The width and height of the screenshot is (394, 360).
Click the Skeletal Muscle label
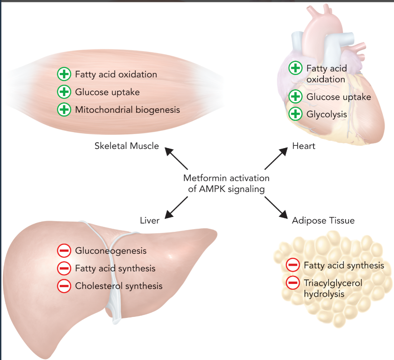pos(127,146)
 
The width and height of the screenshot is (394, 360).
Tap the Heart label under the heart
pos(304,146)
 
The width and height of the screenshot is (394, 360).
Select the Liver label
pos(149,221)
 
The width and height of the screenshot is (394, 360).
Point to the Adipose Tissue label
pos(323,221)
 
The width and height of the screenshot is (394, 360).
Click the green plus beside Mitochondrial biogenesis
pos(64,110)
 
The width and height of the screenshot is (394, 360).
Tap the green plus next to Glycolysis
pos(295,114)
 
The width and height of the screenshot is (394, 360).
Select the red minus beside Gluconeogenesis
pos(64,250)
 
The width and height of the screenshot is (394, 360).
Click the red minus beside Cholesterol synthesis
pos(64,286)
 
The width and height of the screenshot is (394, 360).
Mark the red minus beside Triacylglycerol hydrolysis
pos(293,283)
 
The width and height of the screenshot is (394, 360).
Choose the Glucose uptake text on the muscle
pos(107,92)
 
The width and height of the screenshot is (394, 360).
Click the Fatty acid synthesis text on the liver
pos(115,268)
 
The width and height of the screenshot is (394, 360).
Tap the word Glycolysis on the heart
pos(327,114)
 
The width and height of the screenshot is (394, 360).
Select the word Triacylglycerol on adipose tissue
pos(333,283)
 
